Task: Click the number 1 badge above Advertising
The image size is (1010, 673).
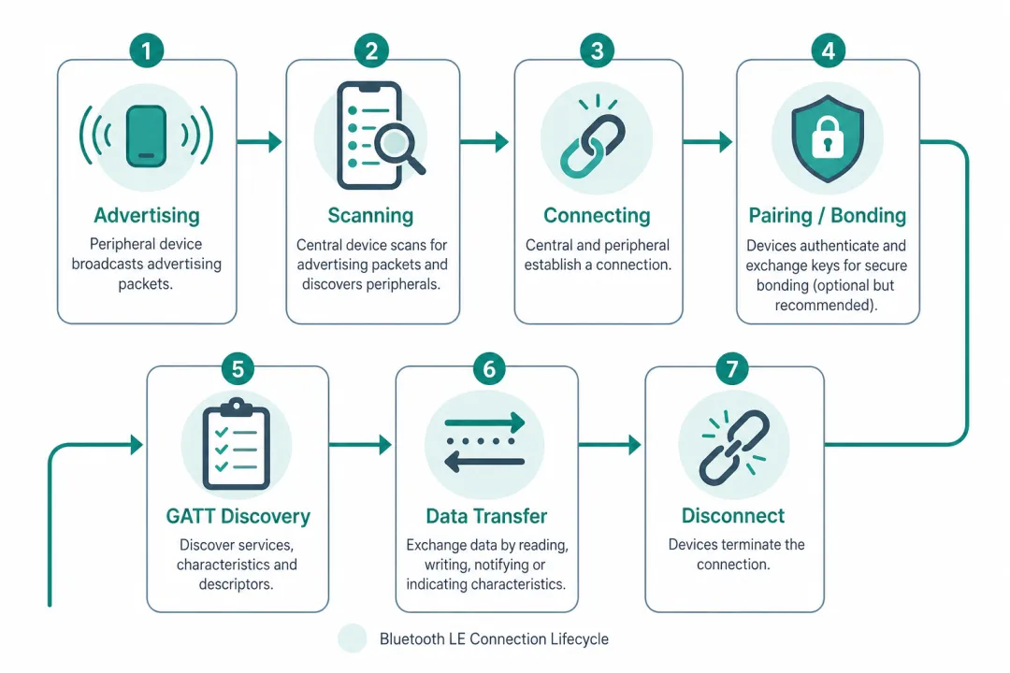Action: [146, 50]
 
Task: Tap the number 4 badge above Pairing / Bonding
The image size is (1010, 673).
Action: [828, 50]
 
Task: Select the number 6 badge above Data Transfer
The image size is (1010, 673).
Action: [489, 369]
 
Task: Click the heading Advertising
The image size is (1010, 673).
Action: [147, 215]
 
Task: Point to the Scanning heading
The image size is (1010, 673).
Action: [370, 215]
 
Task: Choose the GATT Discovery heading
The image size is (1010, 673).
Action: [238, 516]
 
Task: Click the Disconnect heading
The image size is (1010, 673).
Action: [733, 515]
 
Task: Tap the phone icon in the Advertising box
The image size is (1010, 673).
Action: [146, 136]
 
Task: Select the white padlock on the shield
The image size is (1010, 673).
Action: [828, 137]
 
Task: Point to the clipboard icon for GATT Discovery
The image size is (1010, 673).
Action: [236, 444]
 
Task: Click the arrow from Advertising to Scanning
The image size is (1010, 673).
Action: [260, 141]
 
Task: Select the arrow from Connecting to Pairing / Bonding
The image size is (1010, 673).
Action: [707, 141]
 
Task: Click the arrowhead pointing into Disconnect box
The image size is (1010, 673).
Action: [635, 444]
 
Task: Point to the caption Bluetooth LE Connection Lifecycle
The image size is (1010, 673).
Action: [494, 638]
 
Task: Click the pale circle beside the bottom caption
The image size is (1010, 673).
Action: [353, 638]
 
